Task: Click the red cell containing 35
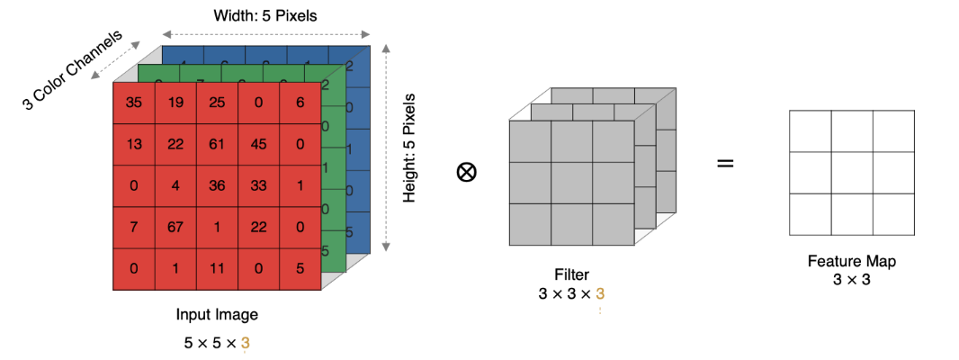[134, 103]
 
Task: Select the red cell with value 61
[217, 144]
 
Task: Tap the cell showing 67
[175, 227]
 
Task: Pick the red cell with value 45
[258, 144]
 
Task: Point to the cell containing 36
[217, 185]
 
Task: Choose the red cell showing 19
[175, 103]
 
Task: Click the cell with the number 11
[217, 268]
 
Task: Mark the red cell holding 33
[258, 185]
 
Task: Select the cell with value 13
[134, 144]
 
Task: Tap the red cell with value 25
[217, 103]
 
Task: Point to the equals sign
[724, 163]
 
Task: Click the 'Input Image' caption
[216, 315]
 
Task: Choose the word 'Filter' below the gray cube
[572, 274]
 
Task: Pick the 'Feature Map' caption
[852, 261]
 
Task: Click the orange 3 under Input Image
[245, 342]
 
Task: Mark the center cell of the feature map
[852, 172]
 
